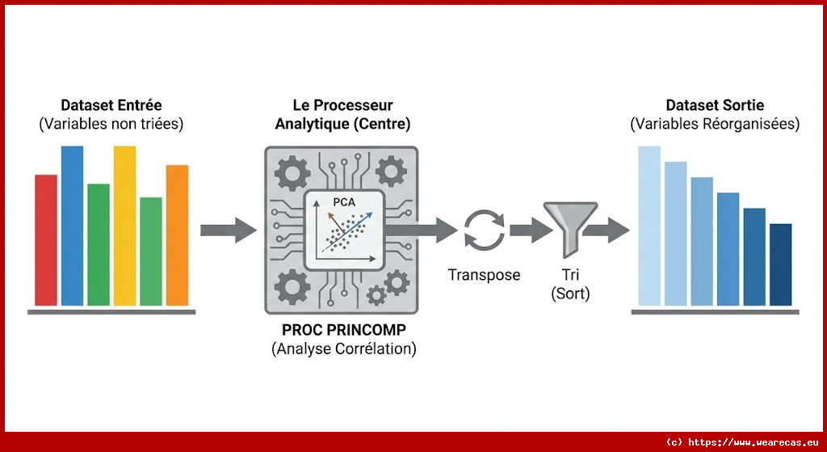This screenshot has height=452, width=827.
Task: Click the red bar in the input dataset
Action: coord(46,240)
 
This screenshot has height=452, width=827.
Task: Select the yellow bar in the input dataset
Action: coord(124,226)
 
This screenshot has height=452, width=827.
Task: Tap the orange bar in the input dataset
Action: coord(177,235)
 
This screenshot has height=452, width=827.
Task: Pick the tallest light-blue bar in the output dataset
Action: coord(649,226)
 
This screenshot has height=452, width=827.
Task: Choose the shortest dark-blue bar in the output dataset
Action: coord(780,264)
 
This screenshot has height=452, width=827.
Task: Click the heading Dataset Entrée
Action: coord(111,106)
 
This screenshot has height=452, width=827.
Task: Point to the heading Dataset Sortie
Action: coord(715,106)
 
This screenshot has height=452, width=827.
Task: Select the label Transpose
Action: coord(484,275)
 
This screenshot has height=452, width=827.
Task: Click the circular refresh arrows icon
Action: coord(484,229)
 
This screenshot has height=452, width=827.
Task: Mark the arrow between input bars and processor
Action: coord(227,230)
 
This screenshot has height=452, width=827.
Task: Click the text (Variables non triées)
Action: coord(111,125)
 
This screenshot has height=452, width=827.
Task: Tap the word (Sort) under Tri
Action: coord(570,294)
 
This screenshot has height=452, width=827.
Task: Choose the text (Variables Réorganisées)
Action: coord(715,125)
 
